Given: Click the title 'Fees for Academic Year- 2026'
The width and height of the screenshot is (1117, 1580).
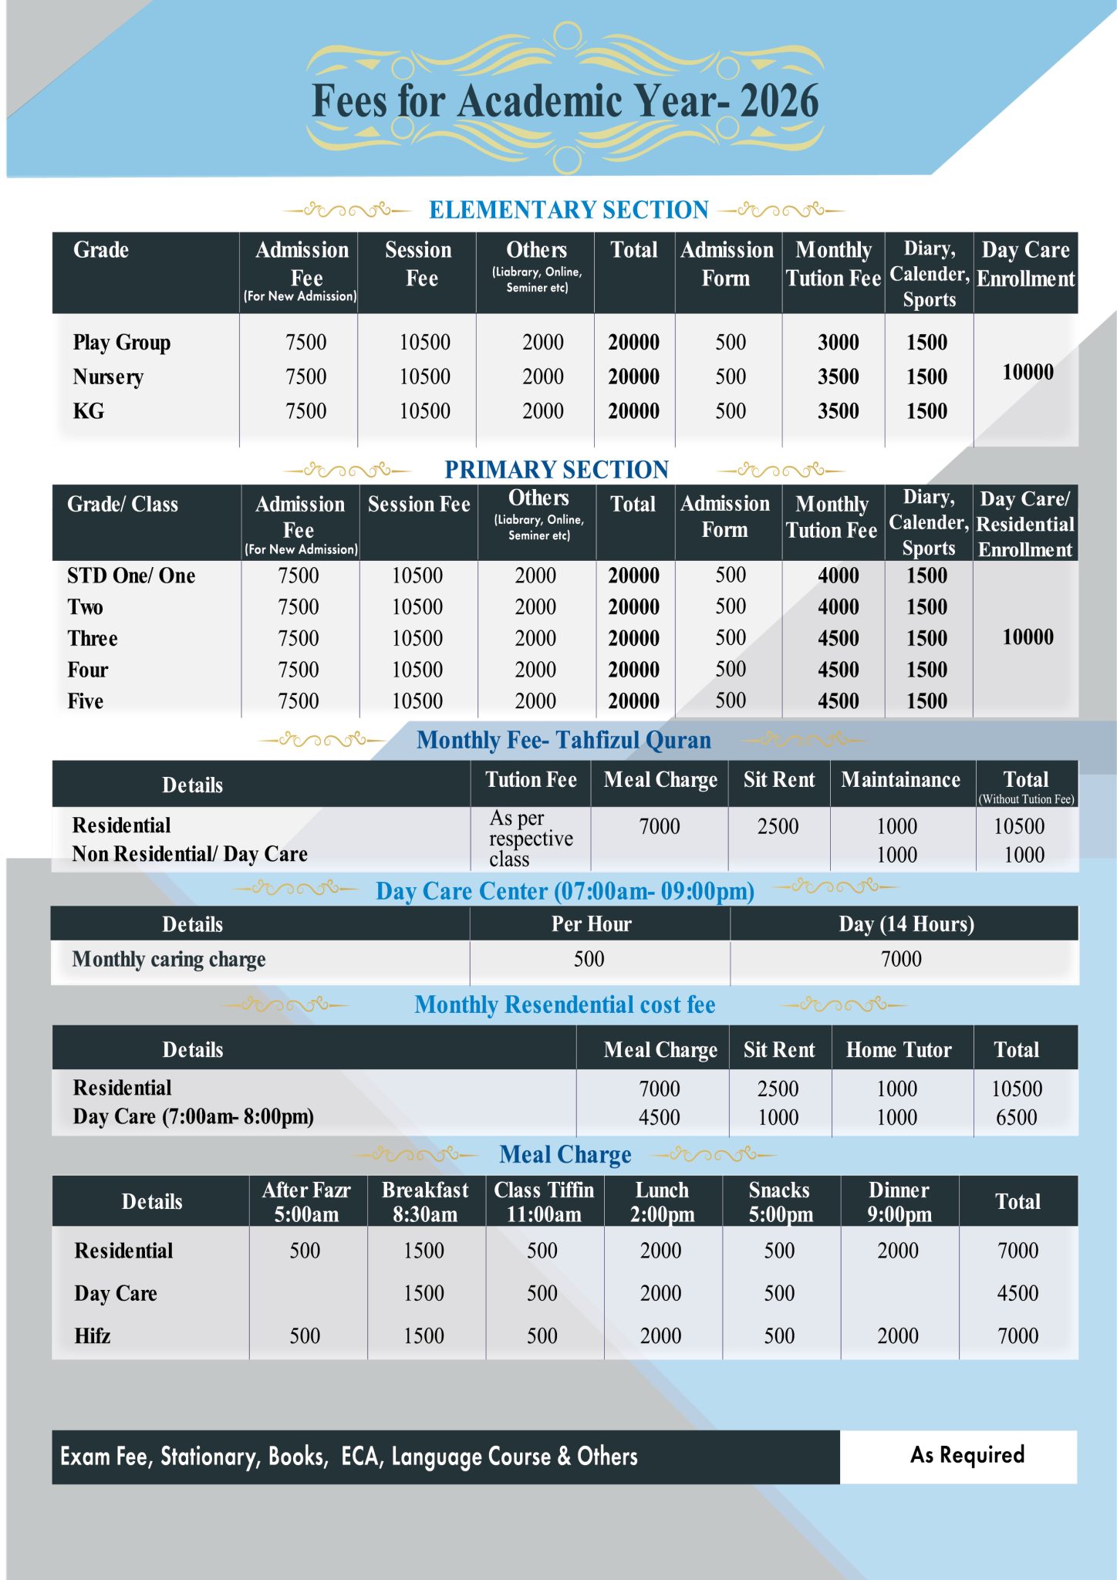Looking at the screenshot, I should (x=565, y=102).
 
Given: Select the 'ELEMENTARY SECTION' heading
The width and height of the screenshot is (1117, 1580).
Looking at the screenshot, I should (x=569, y=210).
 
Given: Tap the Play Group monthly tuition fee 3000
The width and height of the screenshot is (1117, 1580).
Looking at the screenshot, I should (x=838, y=343).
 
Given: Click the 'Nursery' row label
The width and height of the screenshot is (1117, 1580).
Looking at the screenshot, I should (x=108, y=377).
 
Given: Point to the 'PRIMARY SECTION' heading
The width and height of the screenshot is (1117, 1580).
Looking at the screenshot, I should (x=556, y=470).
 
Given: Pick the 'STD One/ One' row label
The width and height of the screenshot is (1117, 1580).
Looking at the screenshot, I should (x=131, y=576).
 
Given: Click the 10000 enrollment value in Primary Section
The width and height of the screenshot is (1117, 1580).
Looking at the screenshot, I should (x=1028, y=637).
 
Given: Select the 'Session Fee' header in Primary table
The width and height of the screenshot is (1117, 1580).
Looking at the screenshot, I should (x=419, y=505).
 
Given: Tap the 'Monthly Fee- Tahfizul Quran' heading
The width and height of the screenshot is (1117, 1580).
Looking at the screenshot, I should (x=563, y=741).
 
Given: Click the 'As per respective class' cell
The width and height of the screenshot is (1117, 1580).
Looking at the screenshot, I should (x=531, y=839).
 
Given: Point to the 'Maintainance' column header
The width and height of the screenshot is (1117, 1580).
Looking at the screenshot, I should (x=900, y=780).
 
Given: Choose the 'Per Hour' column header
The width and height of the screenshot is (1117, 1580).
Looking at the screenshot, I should (x=591, y=924).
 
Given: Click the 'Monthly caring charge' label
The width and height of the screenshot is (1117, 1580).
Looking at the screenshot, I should (x=169, y=960).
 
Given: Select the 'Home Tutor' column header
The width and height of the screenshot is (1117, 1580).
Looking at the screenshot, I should (x=899, y=1050).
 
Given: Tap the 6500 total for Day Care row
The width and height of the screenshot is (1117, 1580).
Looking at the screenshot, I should (x=1016, y=1118).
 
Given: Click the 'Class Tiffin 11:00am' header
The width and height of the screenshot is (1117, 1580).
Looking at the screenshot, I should (x=544, y=1202).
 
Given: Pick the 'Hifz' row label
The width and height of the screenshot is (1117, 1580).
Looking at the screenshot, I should (x=93, y=1336).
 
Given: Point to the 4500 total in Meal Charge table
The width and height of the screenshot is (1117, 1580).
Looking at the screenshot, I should (x=1017, y=1294).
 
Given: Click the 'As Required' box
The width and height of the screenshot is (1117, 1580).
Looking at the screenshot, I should (x=967, y=1455).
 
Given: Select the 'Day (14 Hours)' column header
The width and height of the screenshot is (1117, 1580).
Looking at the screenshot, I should (x=906, y=924).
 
